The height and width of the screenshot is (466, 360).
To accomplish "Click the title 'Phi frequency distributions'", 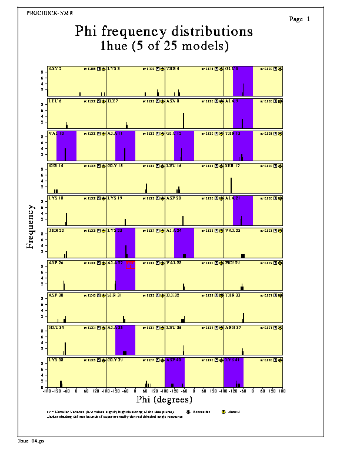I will pyautogui.click(x=164, y=31).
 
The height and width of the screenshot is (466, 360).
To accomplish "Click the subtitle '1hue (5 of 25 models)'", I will pyautogui.click(x=164, y=45).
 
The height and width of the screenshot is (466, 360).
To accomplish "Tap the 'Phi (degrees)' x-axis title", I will pyautogui.click(x=164, y=399).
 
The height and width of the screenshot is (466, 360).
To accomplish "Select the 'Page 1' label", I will pyautogui.click(x=300, y=19).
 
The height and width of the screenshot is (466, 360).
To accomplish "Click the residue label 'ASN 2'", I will pyautogui.click(x=55, y=69).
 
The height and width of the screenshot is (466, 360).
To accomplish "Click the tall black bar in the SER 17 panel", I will pyautogui.click(x=231, y=185).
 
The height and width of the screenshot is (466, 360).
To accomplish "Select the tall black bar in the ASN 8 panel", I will pyautogui.click(x=184, y=120).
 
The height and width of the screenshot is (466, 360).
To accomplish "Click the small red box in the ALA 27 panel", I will pyautogui.click(x=131, y=266).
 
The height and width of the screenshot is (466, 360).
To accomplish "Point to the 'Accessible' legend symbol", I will pyautogui.click(x=189, y=412).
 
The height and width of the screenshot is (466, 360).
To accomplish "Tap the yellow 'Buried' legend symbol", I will pyautogui.click(x=225, y=412).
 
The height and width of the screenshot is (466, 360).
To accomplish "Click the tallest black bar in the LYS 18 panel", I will pyautogui.click(x=66, y=219).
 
